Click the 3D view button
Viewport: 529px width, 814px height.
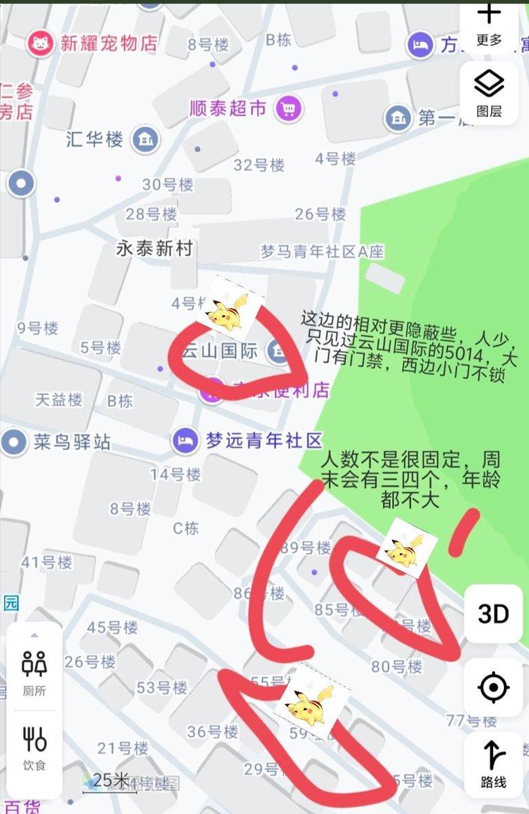coord(493,614)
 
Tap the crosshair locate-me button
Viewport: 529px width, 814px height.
coord(493,688)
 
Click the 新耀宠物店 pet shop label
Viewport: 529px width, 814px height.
coord(109,44)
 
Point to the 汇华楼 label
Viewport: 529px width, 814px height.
coord(95,140)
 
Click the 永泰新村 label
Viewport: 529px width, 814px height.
coord(154,248)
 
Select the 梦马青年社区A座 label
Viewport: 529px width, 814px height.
coord(322,252)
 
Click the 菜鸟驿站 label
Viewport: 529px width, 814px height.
coord(72,443)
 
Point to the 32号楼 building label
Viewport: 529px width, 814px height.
coord(259,165)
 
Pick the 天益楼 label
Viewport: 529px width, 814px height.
coord(59,400)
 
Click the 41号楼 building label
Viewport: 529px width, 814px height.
coord(46,562)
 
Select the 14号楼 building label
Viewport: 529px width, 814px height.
coord(175,473)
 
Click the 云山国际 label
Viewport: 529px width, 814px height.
coord(213,351)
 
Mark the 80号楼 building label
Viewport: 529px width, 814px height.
coord(397,667)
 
